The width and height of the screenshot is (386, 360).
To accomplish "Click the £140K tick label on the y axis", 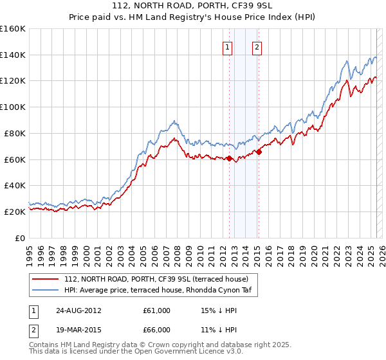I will [x=13, y=55].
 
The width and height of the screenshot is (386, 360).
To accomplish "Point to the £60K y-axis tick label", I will [x=15, y=159].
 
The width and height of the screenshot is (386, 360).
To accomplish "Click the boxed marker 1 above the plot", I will [x=228, y=46].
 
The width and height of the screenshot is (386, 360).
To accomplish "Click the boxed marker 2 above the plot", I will [x=257, y=46].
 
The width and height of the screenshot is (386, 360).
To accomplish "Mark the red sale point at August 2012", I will [x=229, y=158].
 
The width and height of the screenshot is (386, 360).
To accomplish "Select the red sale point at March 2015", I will [x=258, y=152].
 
